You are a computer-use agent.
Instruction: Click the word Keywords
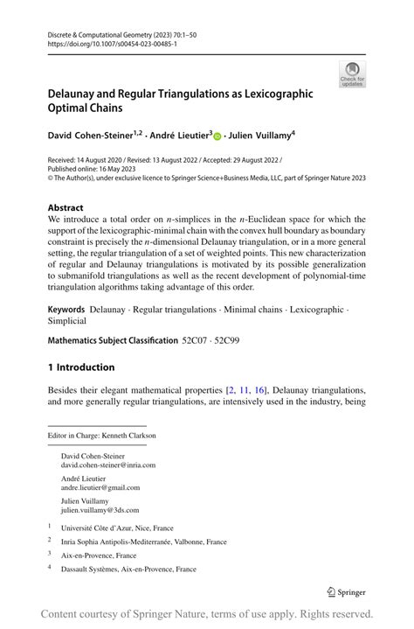click(x=66, y=309)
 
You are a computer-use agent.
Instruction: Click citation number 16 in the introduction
click(x=260, y=388)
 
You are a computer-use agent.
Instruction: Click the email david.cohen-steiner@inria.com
click(x=108, y=465)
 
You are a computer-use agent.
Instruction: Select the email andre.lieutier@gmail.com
click(x=100, y=487)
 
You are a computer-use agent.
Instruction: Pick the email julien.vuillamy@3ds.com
click(x=100, y=510)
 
